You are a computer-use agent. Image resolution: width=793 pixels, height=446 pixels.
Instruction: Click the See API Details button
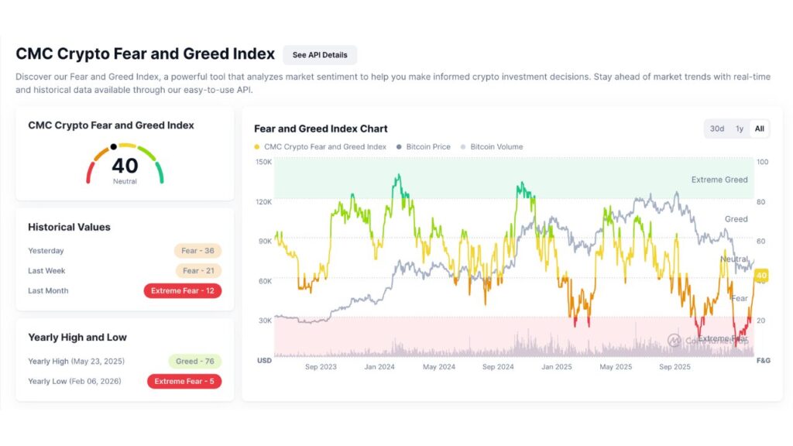pyautogui.click(x=320, y=55)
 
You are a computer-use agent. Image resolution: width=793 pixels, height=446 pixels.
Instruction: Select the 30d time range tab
pyautogui.click(x=717, y=129)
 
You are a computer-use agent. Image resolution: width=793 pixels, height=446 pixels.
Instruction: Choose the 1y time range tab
pyautogui.click(x=740, y=129)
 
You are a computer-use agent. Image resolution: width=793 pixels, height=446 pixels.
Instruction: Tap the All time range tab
pyautogui.click(x=760, y=129)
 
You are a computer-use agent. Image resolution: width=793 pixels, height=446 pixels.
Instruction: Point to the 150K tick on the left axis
pyautogui.click(x=263, y=162)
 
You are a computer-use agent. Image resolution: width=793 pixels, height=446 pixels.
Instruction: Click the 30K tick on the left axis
pyautogui.click(x=263, y=320)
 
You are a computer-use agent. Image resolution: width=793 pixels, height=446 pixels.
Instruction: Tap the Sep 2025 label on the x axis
pyautogui.click(x=675, y=367)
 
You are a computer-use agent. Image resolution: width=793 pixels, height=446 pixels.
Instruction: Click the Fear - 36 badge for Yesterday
pyautogui.click(x=197, y=251)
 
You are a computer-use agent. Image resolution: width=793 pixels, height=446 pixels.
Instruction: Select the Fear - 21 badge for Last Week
pyautogui.click(x=197, y=271)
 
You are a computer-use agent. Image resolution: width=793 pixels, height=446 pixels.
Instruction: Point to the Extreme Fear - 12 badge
pyautogui.click(x=183, y=291)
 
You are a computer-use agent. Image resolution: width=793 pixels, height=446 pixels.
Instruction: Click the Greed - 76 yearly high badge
pyautogui.click(x=194, y=362)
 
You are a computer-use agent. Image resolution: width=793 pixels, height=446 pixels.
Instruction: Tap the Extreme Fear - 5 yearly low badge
pyautogui.click(x=184, y=382)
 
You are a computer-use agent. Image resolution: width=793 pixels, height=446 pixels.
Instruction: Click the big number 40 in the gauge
pyautogui.click(x=125, y=166)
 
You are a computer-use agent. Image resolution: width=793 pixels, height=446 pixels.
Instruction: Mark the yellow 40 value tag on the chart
pyautogui.click(x=760, y=276)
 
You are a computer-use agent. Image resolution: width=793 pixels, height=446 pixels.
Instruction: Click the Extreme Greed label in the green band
pyautogui.click(x=719, y=180)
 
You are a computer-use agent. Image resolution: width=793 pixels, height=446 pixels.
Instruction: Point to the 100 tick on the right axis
pyautogui.click(x=762, y=162)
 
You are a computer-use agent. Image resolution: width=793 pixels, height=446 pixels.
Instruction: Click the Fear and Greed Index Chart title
pyautogui.click(x=321, y=129)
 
